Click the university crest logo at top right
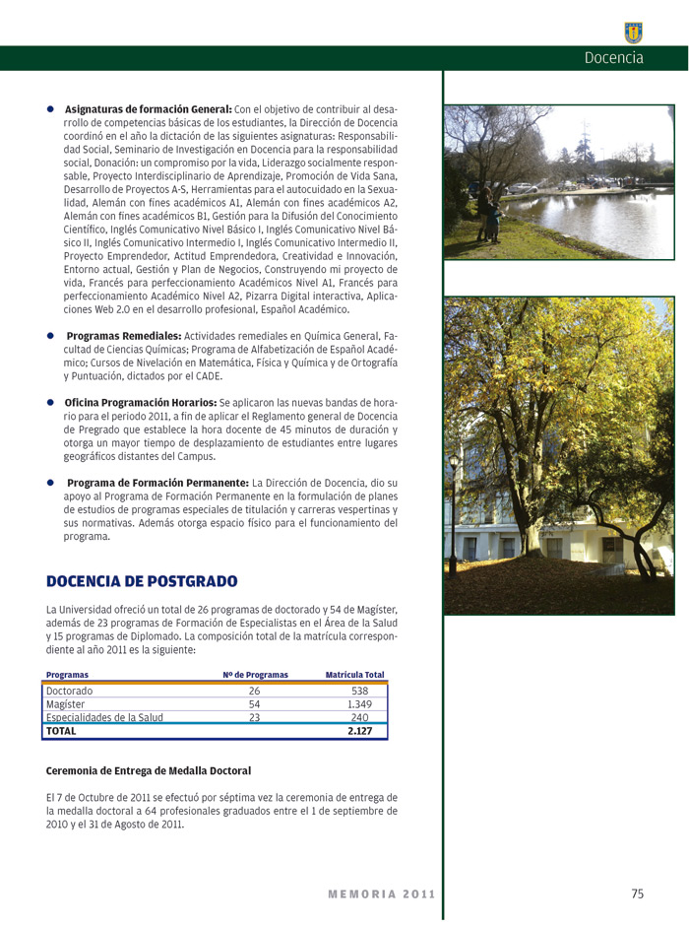click(633, 33)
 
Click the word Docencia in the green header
click(613, 58)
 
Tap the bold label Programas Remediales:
click(124, 336)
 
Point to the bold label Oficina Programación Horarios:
click(141, 403)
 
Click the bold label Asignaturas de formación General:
click(148, 108)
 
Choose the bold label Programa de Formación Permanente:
click(157, 483)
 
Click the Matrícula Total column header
click(354, 675)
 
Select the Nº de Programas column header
click(255, 675)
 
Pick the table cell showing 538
click(359, 692)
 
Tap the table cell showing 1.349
click(359, 704)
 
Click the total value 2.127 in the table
click(359, 731)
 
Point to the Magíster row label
click(66, 704)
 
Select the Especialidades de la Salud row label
click(104, 717)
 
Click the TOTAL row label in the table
click(62, 731)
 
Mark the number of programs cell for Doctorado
click(254, 692)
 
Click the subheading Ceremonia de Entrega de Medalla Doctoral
click(149, 770)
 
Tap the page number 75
click(637, 893)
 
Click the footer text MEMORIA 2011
click(381, 894)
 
